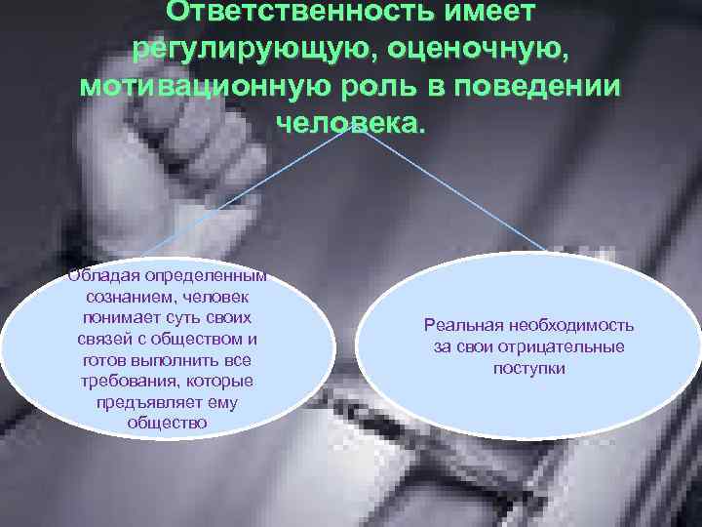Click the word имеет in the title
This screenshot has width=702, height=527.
[478, 12]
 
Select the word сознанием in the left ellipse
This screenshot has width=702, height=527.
[131, 298]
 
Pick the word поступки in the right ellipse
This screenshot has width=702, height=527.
[529, 369]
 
